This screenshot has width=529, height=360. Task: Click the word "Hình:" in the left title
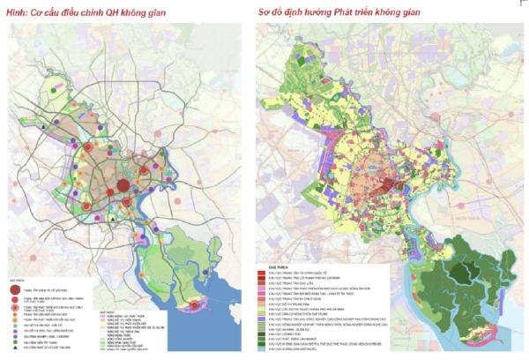(x=18, y=11)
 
